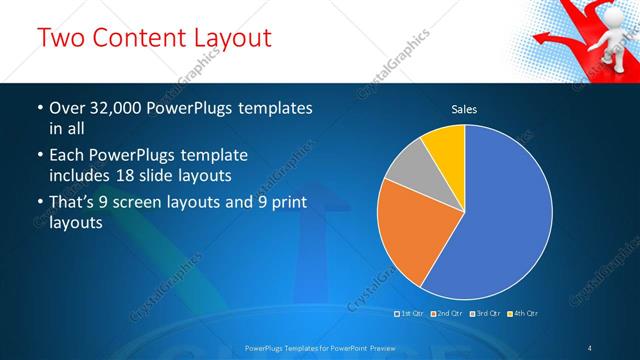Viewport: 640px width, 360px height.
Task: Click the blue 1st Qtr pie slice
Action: pyautogui.click(x=500, y=220)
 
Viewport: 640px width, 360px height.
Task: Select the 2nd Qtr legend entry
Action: pyautogui.click(x=447, y=314)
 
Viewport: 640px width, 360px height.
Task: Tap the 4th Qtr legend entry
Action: pyautogui.click(x=524, y=314)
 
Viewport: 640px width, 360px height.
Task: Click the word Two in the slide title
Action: pyautogui.click(x=61, y=39)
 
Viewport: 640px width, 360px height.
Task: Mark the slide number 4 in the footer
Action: pyautogui.click(x=591, y=347)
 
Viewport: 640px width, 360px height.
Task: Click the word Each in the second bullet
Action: pyautogui.click(x=65, y=155)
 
